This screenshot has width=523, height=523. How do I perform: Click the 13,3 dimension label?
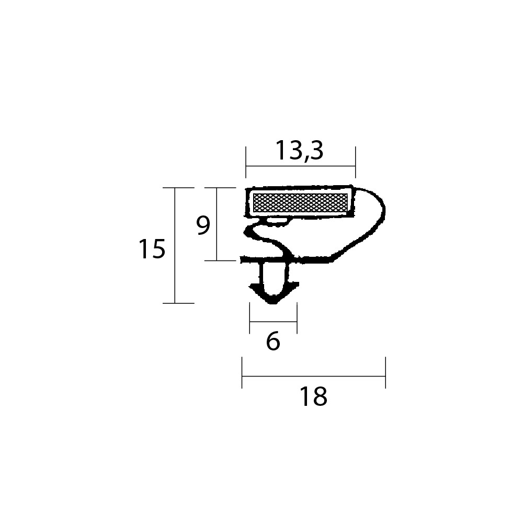pos(300,151)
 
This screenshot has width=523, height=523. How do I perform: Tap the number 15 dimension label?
pos(152,249)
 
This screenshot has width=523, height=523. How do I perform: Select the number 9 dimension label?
pos(203,225)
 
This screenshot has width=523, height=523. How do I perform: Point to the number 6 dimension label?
pos(273,341)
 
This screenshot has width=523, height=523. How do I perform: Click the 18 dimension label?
pos(313,396)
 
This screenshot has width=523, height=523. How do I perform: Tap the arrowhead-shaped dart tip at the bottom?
pos(274,293)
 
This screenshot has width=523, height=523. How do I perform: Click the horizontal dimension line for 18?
pos(313,376)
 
